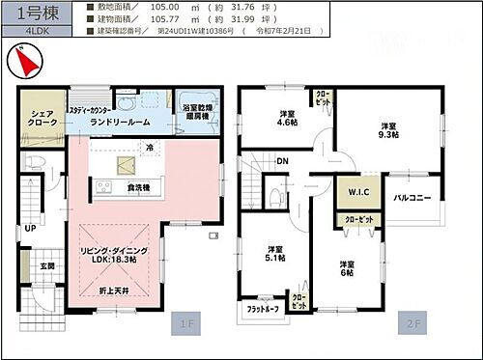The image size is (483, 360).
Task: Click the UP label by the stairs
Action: (x=30, y=229)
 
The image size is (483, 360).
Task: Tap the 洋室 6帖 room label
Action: (x=349, y=269)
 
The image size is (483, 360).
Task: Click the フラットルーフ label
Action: (x=262, y=308)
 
